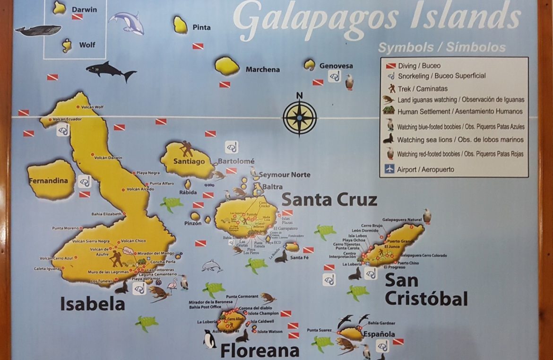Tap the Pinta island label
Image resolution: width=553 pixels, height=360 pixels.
pos(201,27)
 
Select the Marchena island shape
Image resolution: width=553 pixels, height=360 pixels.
pos(227,66)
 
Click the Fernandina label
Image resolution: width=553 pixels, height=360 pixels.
pos(48,181)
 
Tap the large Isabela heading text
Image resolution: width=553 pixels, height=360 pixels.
pos(92,304)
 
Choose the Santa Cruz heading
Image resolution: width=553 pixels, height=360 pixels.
pos(329,200)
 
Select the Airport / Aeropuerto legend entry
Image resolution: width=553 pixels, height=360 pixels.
pos(425,169)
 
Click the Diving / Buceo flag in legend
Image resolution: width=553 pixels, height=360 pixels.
pos(391,66)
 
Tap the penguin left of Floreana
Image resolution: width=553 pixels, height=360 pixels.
pos(209,339)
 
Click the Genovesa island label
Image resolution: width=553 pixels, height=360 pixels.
pos(336,66)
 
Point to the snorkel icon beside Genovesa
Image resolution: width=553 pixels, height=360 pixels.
pos(335,76)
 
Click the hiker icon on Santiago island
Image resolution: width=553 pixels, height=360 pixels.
pos(187,149)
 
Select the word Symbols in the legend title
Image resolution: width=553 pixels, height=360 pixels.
pos(406,47)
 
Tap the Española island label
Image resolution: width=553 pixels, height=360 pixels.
pos(379,334)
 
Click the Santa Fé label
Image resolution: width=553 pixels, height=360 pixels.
pos(300,257)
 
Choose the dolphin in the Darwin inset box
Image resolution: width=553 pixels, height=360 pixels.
pos(126,22)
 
